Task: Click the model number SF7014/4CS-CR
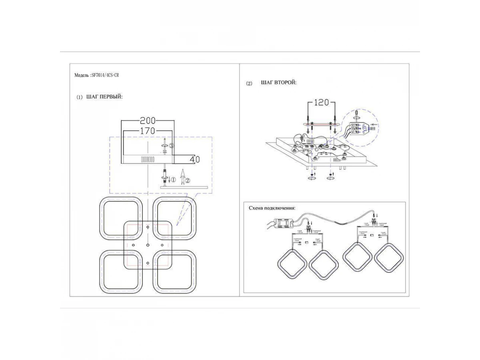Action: coord(105,75)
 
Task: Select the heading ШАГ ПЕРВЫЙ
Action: coord(104,97)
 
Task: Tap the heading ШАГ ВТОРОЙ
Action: coord(279,83)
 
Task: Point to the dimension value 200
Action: coord(148,120)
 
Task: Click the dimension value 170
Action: coord(148,131)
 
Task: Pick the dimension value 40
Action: coord(195,159)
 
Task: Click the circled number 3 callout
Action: coord(171,146)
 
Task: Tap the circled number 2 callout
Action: coord(188,180)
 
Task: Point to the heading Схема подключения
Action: coord(272,208)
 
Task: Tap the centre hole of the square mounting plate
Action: coord(148,244)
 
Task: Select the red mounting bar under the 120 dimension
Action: coord(320,125)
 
